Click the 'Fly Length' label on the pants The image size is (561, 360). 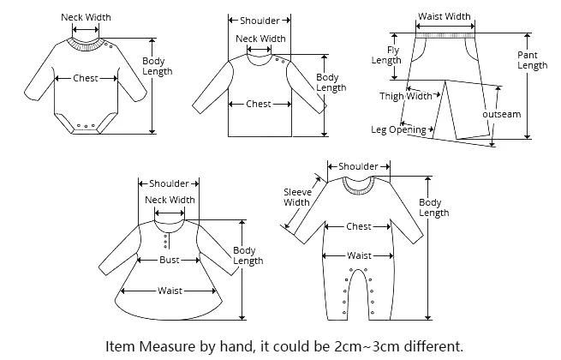(386, 55)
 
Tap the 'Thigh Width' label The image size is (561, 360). (406, 96)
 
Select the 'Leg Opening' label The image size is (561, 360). (398, 129)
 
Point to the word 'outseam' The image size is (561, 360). (502, 114)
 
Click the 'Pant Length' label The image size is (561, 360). (533, 60)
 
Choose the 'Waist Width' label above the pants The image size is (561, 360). (445, 16)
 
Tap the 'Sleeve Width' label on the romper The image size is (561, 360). (297, 197)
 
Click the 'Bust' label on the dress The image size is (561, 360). (170, 260)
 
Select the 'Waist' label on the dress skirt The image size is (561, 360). (170, 291)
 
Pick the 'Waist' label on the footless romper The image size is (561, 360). (359, 255)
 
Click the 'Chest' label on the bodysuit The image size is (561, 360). (86, 78)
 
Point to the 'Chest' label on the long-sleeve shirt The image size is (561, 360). (259, 104)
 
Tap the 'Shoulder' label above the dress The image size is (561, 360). (169, 183)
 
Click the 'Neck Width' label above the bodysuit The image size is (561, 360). (86, 17)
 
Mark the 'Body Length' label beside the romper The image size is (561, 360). (433, 207)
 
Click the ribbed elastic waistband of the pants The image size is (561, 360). (445, 35)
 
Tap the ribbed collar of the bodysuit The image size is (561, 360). (86, 45)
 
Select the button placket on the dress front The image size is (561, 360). (165, 241)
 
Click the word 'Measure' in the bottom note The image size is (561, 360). (167, 346)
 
